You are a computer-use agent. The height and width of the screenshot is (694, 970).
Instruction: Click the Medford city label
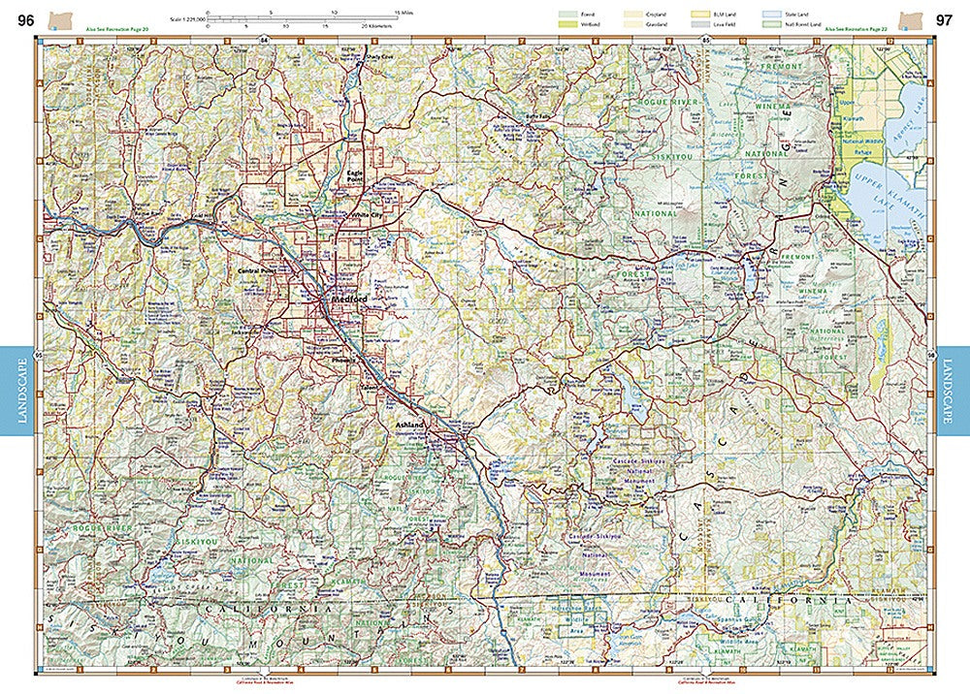(349, 300)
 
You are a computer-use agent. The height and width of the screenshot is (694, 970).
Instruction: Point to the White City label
(367, 216)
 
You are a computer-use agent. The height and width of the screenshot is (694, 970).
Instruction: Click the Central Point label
(257, 270)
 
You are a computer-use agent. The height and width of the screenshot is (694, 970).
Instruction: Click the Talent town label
(370, 387)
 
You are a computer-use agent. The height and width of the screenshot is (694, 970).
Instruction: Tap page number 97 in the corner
(944, 18)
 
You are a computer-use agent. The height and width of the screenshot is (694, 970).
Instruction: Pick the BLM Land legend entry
(721, 13)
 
